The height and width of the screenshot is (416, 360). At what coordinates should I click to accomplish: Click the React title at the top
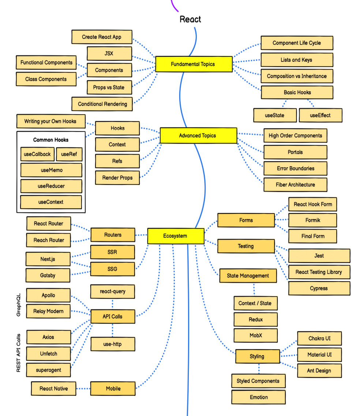tap(190, 19)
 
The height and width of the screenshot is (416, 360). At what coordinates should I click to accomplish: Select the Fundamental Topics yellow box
tap(194, 64)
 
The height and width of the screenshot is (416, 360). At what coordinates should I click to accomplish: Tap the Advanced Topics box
tap(198, 135)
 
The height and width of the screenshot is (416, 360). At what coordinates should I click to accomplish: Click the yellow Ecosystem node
tap(175, 236)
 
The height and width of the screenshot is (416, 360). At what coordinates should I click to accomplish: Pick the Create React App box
tap(101, 37)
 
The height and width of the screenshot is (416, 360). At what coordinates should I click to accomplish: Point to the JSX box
tap(109, 53)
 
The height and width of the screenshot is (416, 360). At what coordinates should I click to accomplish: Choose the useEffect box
tap(320, 115)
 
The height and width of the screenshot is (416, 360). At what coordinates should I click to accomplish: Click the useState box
tap(274, 115)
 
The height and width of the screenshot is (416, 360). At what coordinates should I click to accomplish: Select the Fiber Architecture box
tap(295, 185)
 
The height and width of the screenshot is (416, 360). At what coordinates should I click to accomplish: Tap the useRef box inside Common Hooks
tap(69, 154)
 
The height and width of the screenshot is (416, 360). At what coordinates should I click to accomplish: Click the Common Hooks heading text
tap(51, 140)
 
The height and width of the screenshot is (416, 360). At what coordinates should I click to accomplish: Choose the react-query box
tap(112, 291)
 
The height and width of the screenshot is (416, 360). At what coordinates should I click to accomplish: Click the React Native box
tap(53, 389)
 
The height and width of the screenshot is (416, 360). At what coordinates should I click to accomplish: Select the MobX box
tap(255, 335)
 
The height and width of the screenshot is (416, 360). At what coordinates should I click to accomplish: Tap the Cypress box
tap(319, 288)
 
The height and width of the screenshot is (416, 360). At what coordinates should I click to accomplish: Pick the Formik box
tap(312, 220)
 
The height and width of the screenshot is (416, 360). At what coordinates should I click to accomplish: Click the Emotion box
tap(258, 397)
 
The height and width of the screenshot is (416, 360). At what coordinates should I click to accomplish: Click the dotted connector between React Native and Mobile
tap(83, 389)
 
